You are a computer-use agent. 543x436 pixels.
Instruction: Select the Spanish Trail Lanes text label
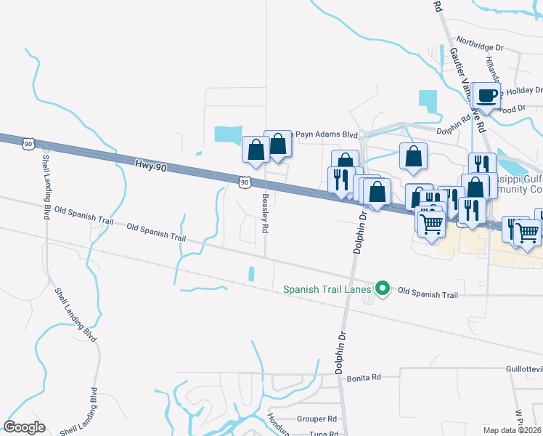(327, 289)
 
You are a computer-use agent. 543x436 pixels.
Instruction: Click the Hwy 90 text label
(151, 166)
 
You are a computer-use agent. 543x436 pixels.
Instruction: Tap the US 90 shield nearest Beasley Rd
(245, 180)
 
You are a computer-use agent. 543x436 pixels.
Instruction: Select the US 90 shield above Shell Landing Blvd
(28, 143)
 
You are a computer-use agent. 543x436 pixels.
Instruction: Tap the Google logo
(24, 427)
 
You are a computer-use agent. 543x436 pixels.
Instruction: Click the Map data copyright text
(513, 430)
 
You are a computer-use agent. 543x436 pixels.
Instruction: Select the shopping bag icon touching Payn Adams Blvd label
(278, 144)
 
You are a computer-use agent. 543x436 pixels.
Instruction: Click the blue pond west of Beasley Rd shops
(228, 134)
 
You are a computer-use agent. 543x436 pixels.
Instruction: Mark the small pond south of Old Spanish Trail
(251, 274)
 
